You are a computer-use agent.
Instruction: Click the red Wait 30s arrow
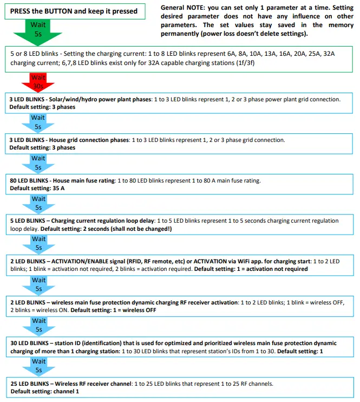[x=38, y=82]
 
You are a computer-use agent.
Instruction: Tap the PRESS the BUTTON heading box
[x=74, y=11]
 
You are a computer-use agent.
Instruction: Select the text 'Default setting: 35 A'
[x=37, y=189]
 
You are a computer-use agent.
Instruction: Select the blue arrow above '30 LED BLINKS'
[x=38, y=325]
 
